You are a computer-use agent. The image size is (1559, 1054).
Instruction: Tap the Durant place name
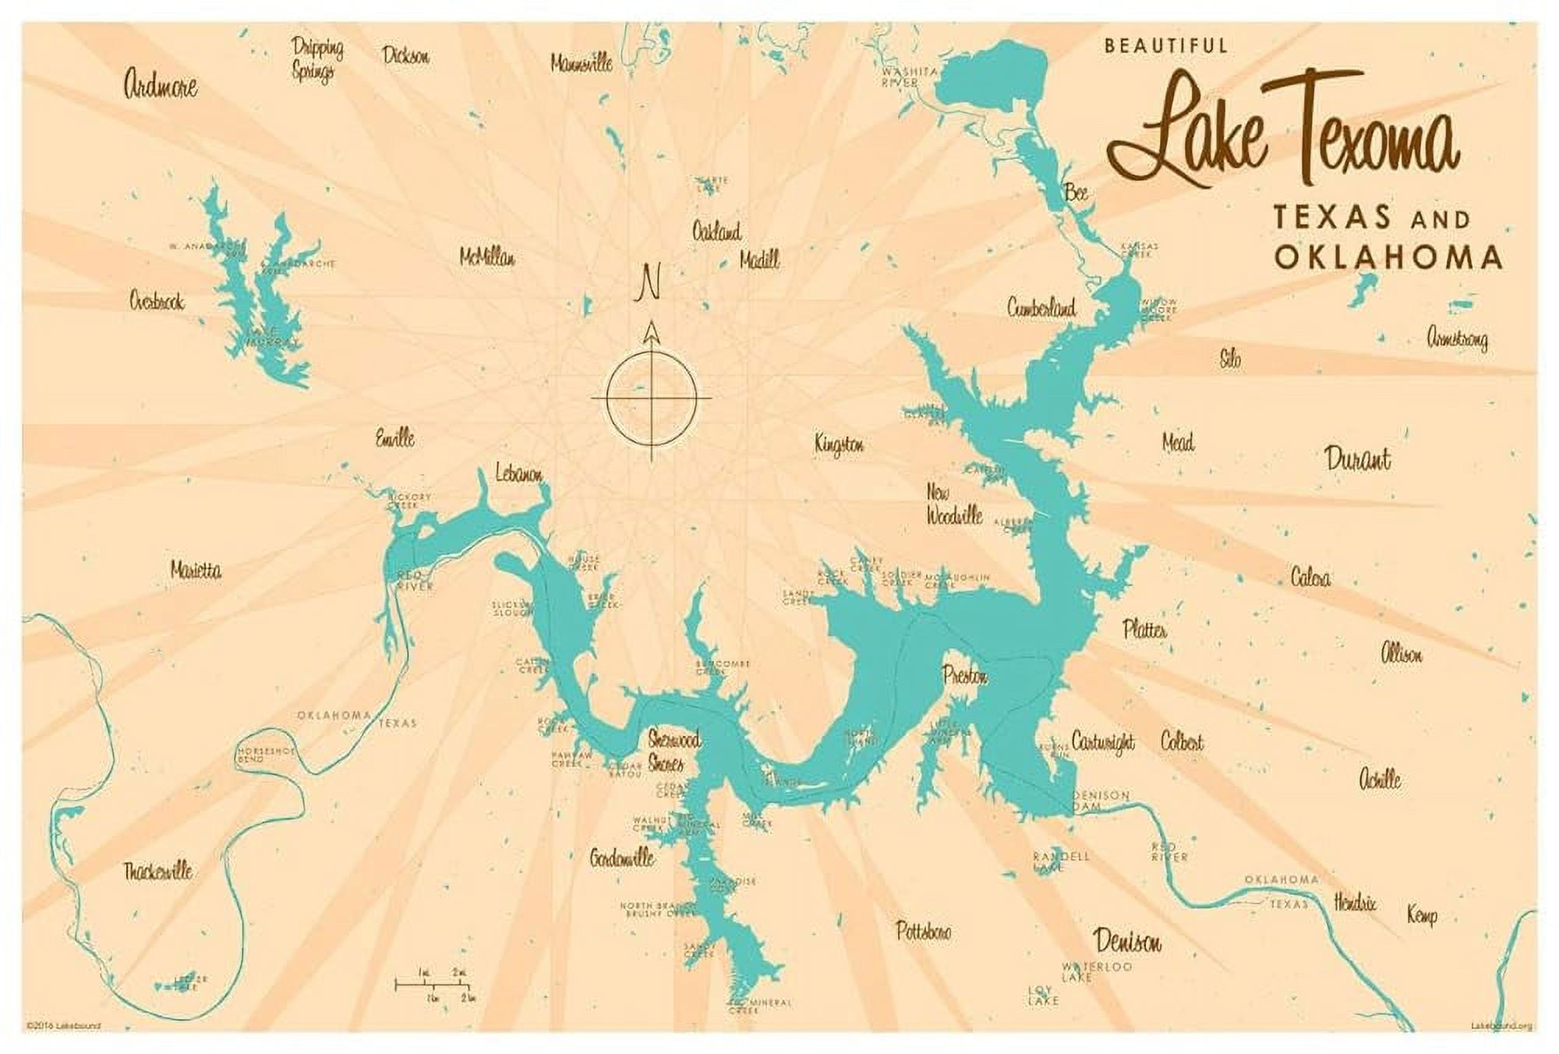pyautogui.click(x=1357, y=459)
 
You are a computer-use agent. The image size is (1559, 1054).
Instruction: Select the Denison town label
pyautogui.click(x=1127, y=942)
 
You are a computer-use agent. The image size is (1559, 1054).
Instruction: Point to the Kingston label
pyautogui.click(x=839, y=445)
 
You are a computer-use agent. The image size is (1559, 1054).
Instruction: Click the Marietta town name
pyautogui.click(x=196, y=571)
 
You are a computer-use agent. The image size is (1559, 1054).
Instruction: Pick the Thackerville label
pyautogui.click(x=158, y=872)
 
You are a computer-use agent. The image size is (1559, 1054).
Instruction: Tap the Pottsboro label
pyautogui.click(x=923, y=931)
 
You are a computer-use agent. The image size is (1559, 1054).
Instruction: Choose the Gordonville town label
pyautogui.click(x=621, y=858)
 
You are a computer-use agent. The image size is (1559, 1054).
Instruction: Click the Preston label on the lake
pyautogui.click(x=965, y=676)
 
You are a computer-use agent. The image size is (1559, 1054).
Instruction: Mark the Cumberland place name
pyautogui.click(x=1041, y=308)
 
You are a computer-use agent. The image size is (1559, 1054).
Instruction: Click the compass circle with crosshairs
pyautogui.click(x=652, y=397)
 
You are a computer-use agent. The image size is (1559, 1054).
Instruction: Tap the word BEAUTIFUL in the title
pyautogui.click(x=1165, y=46)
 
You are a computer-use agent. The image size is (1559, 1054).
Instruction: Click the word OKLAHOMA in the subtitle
pyautogui.click(x=1388, y=257)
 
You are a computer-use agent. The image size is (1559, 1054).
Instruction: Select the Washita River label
pyautogui.click(x=910, y=76)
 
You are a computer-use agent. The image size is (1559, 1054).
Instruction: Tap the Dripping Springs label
pyautogui.click(x=316, y=59)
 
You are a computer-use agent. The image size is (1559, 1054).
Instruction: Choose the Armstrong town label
pyautogui.click(x=1456, y=339)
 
